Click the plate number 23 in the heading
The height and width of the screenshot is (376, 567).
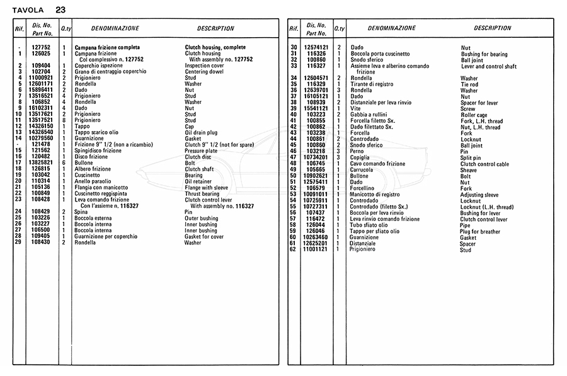tap(60, 10)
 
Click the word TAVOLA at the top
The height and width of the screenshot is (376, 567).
tap(28, 10)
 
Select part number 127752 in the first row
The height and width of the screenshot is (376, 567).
tap(41, 47)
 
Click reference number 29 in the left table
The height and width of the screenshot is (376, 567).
tap(21, 242)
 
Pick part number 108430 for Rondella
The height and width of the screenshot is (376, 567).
tap(41, 242)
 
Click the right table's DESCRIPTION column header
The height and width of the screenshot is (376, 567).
tap(492, 28)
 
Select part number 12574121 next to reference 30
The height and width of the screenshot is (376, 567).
tap(316, 47)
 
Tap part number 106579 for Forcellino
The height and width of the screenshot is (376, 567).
tap(316, 188)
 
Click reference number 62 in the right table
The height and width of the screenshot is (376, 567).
tap(293, 249)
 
